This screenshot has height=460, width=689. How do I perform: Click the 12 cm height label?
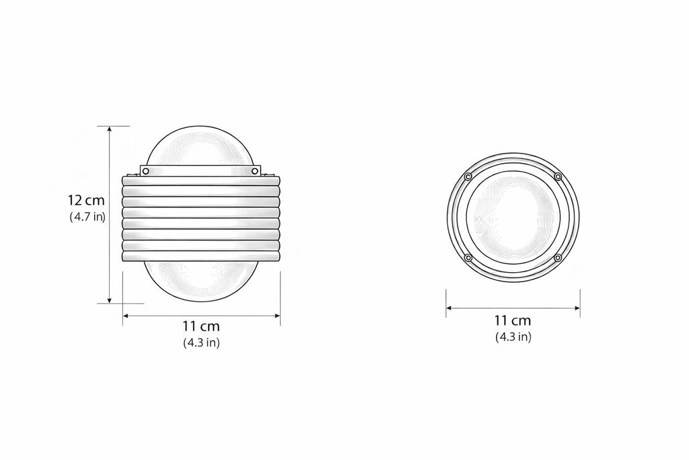(x=86, y=201)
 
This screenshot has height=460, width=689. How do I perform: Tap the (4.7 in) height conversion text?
(x=87, y=217)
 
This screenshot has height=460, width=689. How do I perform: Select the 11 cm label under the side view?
(x=201, y=326)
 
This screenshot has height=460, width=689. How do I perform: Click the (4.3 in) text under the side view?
(x=201, y=343)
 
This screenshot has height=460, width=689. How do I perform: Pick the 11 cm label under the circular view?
(x=513, y=321)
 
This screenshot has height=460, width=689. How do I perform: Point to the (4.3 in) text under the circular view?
(x=513, y=337)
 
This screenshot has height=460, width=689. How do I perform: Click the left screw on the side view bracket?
(x=145, y=170)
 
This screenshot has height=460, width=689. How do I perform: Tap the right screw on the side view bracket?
(x=255, y=170)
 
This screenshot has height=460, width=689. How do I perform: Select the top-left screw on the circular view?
(x=468, y=176)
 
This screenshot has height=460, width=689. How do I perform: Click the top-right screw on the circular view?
(x=558, y=176)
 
